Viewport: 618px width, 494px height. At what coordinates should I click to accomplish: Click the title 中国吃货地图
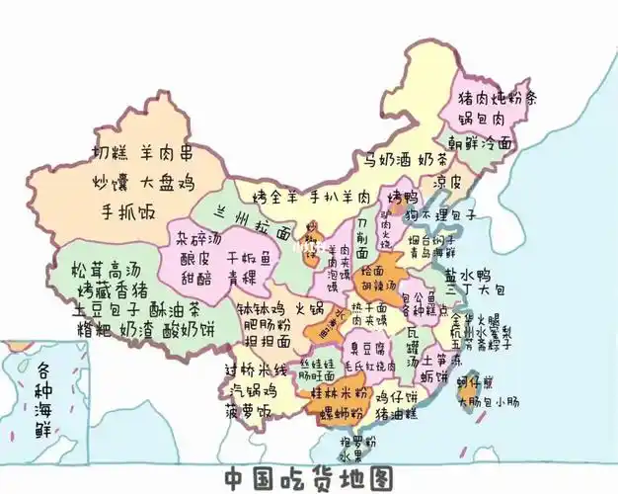pos(307,478)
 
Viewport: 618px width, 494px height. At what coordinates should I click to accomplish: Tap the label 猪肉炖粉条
pos(497,99)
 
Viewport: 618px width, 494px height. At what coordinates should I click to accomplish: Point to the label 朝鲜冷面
pos(482,142)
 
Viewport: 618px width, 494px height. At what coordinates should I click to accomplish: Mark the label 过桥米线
pos(256,370)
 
